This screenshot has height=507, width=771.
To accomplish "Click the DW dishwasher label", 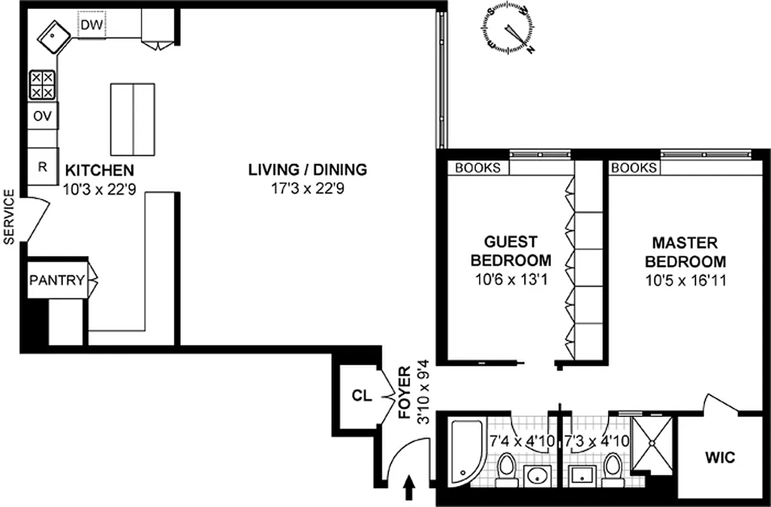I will (92, 26).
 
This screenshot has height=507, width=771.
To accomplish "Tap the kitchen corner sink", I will (54, 37).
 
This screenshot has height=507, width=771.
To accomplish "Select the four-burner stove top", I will (43, 85).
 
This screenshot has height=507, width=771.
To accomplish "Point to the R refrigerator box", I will (43, 167).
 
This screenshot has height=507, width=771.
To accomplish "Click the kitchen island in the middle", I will (133, 120).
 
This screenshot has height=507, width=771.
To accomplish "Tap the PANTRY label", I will (56, 279).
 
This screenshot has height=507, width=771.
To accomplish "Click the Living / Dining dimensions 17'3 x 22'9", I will (308, 188).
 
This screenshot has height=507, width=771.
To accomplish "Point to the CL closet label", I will (360, 395).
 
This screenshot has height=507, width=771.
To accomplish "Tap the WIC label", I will (720, 458).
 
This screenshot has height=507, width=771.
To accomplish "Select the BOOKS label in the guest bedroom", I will (478, 168).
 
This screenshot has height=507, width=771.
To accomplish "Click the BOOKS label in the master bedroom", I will (634, 168).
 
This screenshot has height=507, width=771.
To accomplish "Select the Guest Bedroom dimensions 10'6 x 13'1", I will (510, 279).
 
